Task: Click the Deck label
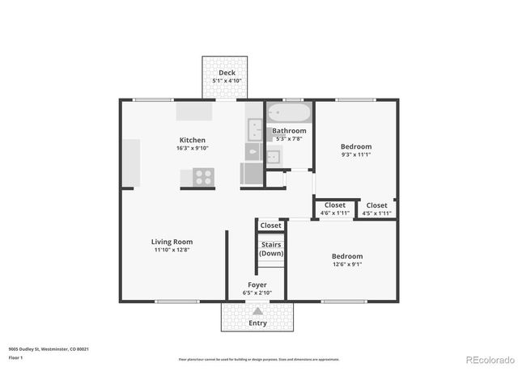226,73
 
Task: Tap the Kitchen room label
192,140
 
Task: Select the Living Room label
172,242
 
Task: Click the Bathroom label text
289,130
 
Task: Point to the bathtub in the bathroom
288,112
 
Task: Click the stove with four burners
203,177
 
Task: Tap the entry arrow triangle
257,310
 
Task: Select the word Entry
257,323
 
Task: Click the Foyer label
257,285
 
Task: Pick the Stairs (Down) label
271,249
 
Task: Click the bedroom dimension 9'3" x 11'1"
356,155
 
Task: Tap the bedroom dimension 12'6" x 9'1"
346,264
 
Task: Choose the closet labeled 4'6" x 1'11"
335,213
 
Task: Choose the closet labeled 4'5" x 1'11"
376,213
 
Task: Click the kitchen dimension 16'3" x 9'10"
192,148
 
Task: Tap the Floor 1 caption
15,357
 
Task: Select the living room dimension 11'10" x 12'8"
172,250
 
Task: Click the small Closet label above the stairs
271,226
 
